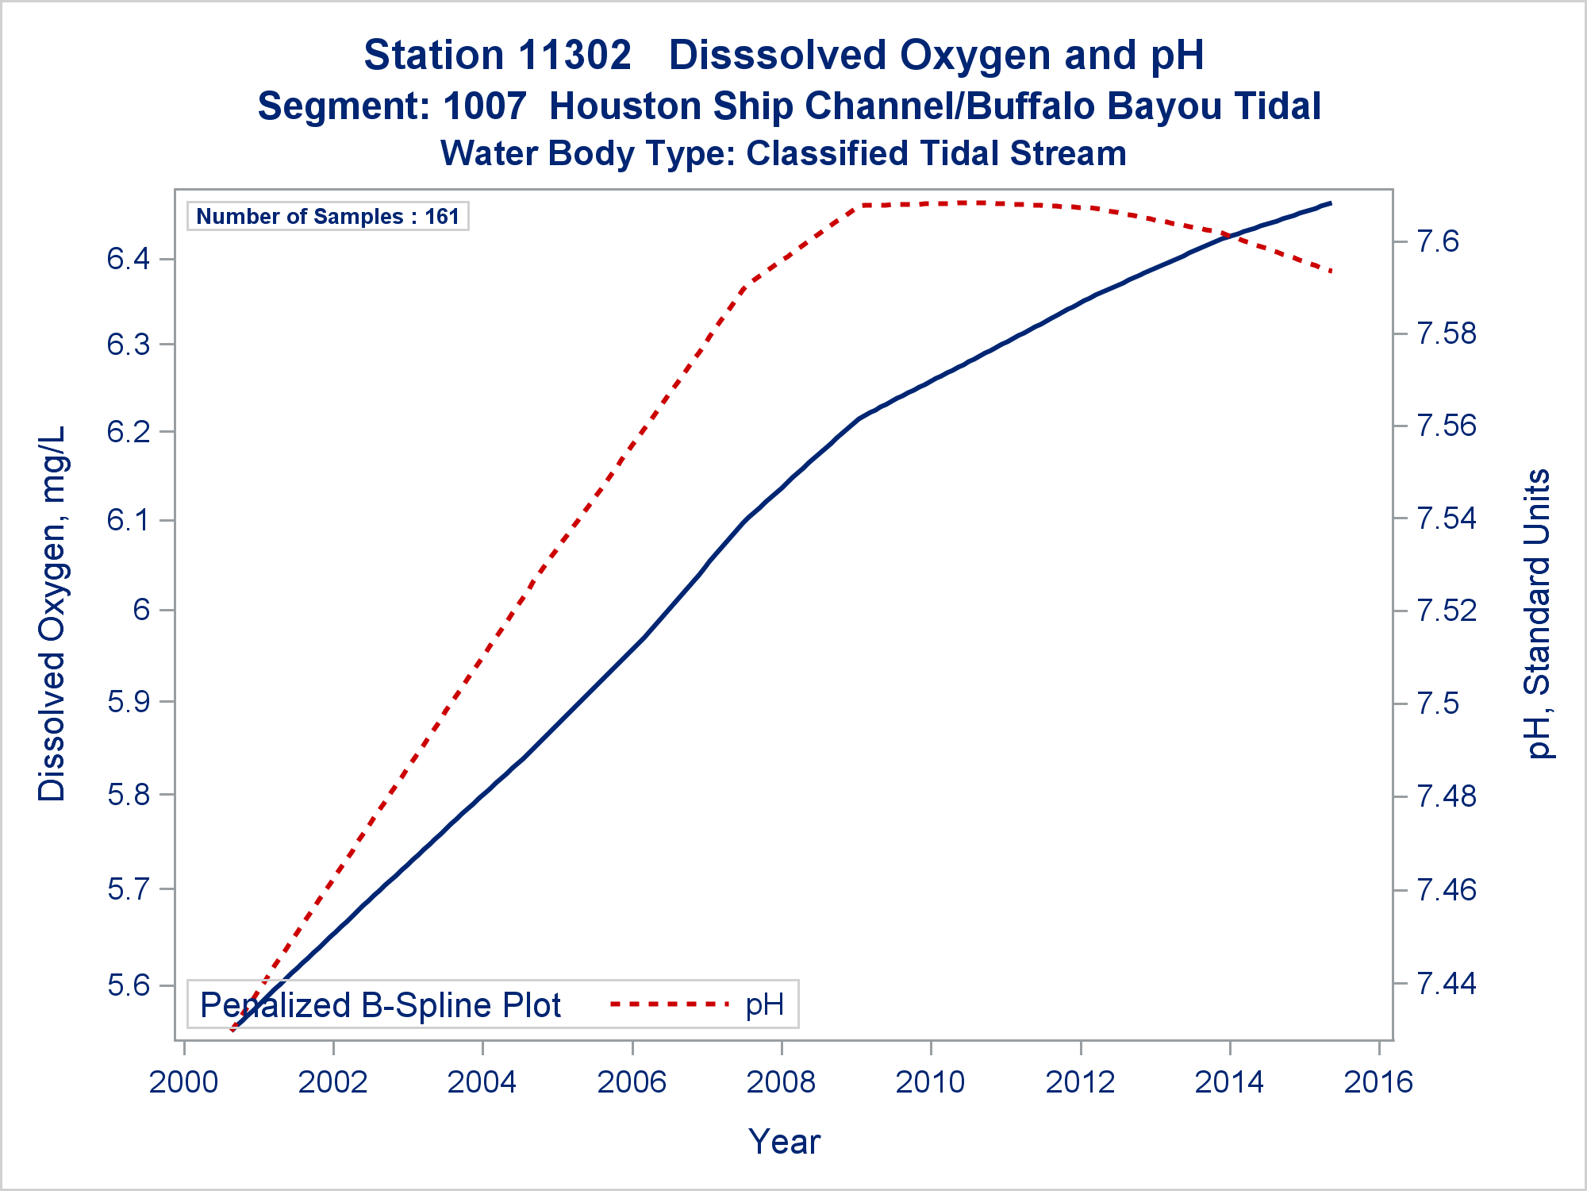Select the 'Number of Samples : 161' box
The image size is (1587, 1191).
point(328,216)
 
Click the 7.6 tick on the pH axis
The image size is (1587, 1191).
point(1438,241)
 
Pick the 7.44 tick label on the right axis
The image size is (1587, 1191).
point(1447,983)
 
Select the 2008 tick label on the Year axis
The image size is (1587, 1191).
point(781,1082)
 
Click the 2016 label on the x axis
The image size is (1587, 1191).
point(1379,1082)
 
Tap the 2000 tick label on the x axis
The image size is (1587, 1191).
point(184,1082)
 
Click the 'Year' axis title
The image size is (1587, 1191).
point(784,1142)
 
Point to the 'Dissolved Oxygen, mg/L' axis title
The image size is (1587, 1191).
point(52,614)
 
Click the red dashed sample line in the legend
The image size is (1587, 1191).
point(669,1004)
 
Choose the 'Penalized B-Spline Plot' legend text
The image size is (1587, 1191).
point(380,1005)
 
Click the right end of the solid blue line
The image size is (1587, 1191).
point(1331,203)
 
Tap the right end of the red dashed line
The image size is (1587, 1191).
point(1332,272)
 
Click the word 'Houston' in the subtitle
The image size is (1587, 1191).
point(624,106)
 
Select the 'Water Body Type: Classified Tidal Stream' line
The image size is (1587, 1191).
point(783,153)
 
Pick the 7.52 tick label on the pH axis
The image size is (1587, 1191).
point(1447,611)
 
